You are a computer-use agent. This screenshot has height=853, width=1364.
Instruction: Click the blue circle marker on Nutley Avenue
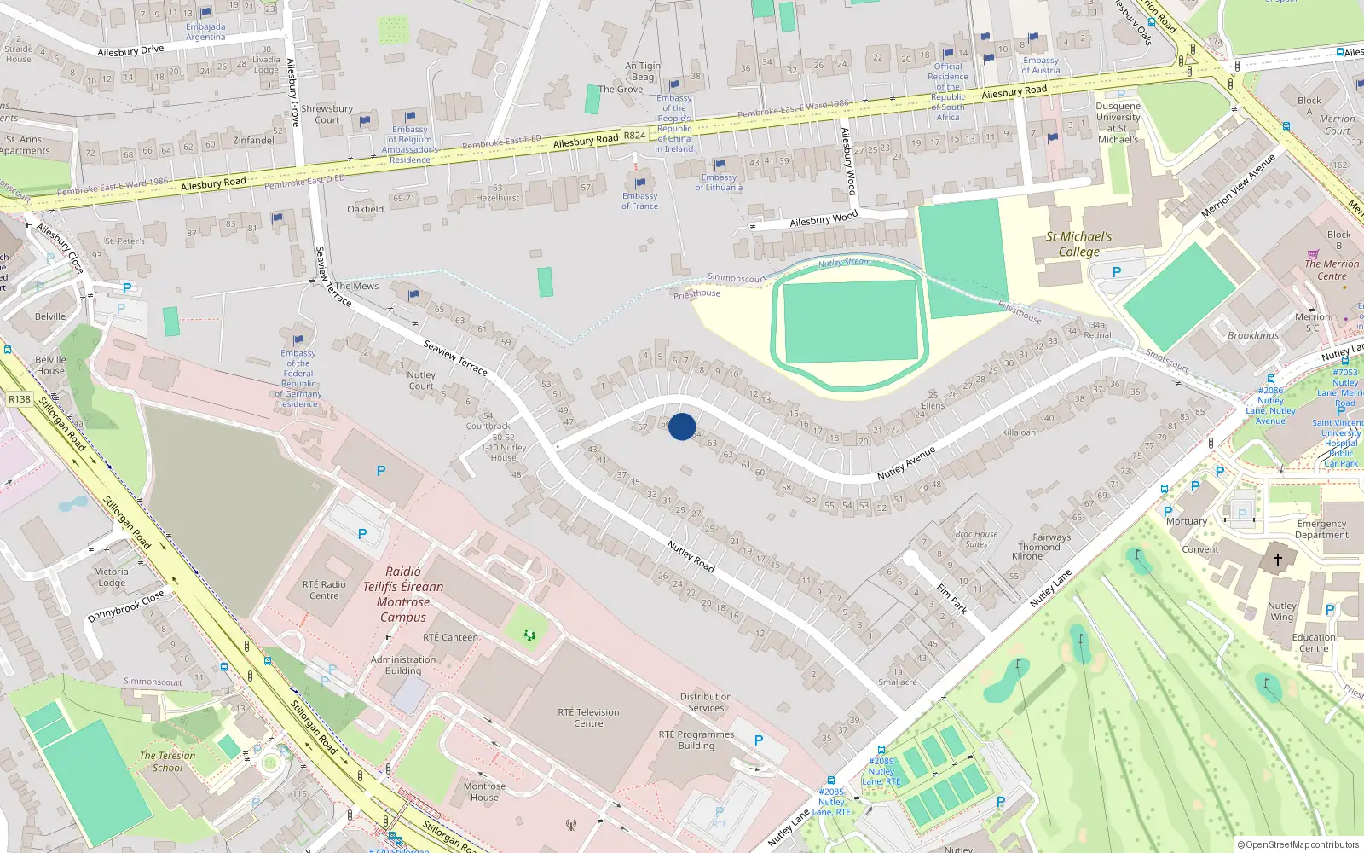coord(681,426)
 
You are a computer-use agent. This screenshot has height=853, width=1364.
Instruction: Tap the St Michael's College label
coord(1078,244)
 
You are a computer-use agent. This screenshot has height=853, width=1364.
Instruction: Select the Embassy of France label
coord(639,200)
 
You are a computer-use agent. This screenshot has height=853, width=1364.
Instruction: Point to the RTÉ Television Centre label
coord(588,717)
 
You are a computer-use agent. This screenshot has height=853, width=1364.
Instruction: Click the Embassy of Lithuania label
coord(719,183)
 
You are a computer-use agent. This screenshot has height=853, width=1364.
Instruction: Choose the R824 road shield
coord(634,136)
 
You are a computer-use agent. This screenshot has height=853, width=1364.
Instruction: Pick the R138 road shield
coord(19,398)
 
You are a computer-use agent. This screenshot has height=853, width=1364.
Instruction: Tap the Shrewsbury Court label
coord(327,114)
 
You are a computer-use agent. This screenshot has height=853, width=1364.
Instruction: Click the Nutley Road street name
coord(691,556)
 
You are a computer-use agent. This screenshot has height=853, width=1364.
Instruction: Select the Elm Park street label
coord(952,598)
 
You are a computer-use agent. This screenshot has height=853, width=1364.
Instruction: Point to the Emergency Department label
coord(1321,530)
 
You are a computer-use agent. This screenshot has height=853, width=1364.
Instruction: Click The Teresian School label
coord(167,761)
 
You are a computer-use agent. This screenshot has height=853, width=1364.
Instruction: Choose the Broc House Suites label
coord(976,539)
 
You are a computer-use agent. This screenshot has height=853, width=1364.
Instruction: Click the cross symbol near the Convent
coord(1277,560)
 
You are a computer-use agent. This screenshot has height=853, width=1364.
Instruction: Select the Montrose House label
coord(484,792)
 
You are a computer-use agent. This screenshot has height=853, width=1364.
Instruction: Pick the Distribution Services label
coord(706,702)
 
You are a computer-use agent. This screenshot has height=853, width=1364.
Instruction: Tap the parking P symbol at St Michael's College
coord(1117,272)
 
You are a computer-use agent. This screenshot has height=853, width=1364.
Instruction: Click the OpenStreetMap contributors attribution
coord(1298,844)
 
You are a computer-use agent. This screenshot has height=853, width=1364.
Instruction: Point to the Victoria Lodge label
coord(112,577)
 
